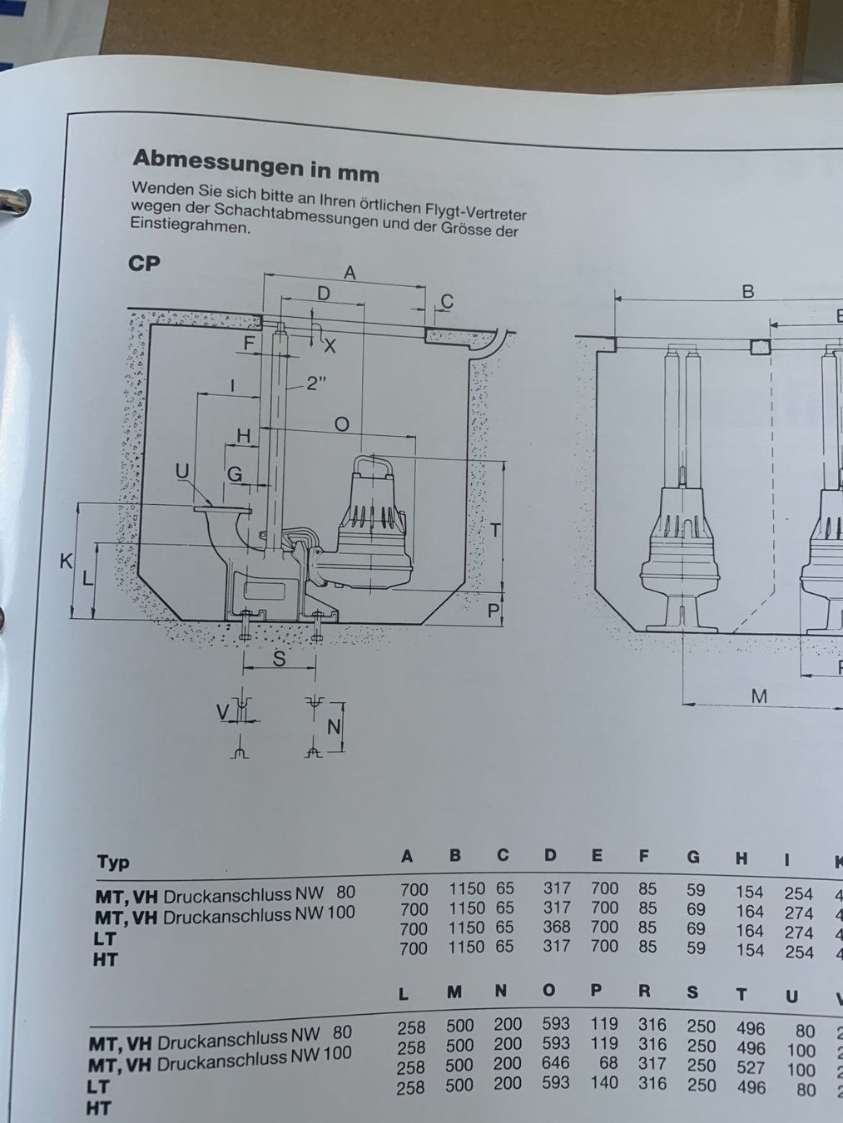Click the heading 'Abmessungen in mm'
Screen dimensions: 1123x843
255,164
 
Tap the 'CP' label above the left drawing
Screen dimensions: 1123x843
144,263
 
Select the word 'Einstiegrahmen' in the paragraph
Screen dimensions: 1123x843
189,226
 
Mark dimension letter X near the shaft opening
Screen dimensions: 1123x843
330,345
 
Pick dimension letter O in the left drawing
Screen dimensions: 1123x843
341,423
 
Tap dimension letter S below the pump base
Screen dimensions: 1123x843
280,659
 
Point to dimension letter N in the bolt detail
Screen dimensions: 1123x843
334,726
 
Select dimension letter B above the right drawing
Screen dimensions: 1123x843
747,291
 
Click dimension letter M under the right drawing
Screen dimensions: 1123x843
758,695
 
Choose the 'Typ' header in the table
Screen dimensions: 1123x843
113,861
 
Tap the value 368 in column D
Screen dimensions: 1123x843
557,927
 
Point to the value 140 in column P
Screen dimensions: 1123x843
603,1082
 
